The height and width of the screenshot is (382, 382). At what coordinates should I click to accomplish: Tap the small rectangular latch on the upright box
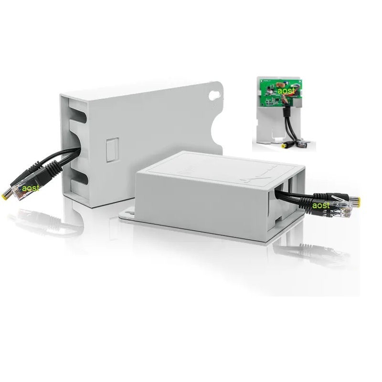pyautogui.click(x=112, y=150)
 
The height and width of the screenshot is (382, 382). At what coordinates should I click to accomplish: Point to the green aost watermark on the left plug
pyautogui.click(x=31, y=188)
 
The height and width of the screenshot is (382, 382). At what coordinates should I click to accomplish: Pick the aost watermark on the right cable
pyautogui.click(x=321, y=205)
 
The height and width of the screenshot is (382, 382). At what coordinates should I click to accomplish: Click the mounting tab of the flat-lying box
pyautogui.click(x=127, y=215)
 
